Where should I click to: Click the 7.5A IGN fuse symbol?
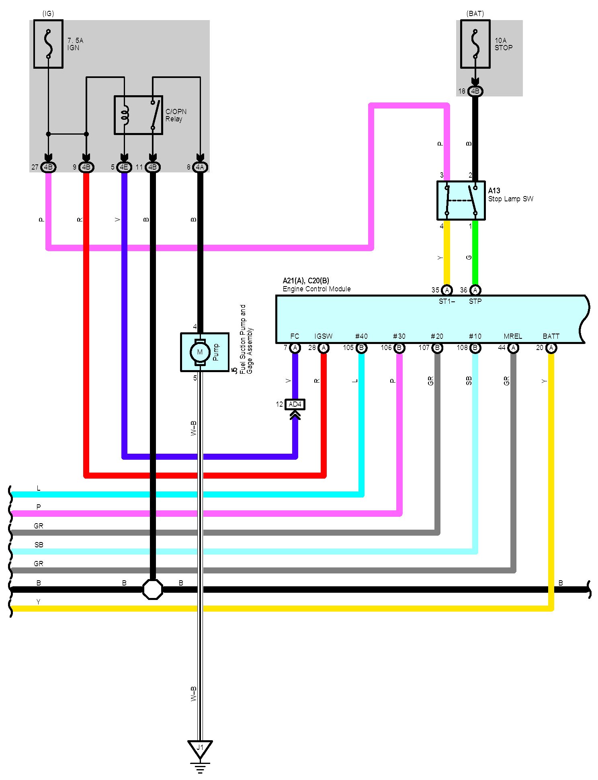click(48, 44)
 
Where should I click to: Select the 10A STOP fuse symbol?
click(475, 44)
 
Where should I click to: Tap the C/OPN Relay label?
click(176, 115)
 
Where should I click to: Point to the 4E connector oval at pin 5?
click(124, 167)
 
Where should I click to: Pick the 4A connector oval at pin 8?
click(200, 167)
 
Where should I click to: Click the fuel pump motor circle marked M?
click(200, 352)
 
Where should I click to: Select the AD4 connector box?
click(295, 404)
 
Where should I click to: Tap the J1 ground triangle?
click(200, 748)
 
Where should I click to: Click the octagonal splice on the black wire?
click(153, 590)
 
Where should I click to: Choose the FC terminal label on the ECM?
click(295, 336)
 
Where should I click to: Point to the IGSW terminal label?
click(324, 336)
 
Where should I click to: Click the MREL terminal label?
click(513, 336)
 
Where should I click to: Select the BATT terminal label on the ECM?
click(551, 336)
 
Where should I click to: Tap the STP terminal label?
click(475, 301)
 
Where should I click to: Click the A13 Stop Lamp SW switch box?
click(461, 201)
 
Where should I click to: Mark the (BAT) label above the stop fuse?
click(475, 14)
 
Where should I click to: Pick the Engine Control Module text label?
click(316, 289)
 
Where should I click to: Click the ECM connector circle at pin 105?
click(361, 348)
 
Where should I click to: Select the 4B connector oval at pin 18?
click(475, 91)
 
